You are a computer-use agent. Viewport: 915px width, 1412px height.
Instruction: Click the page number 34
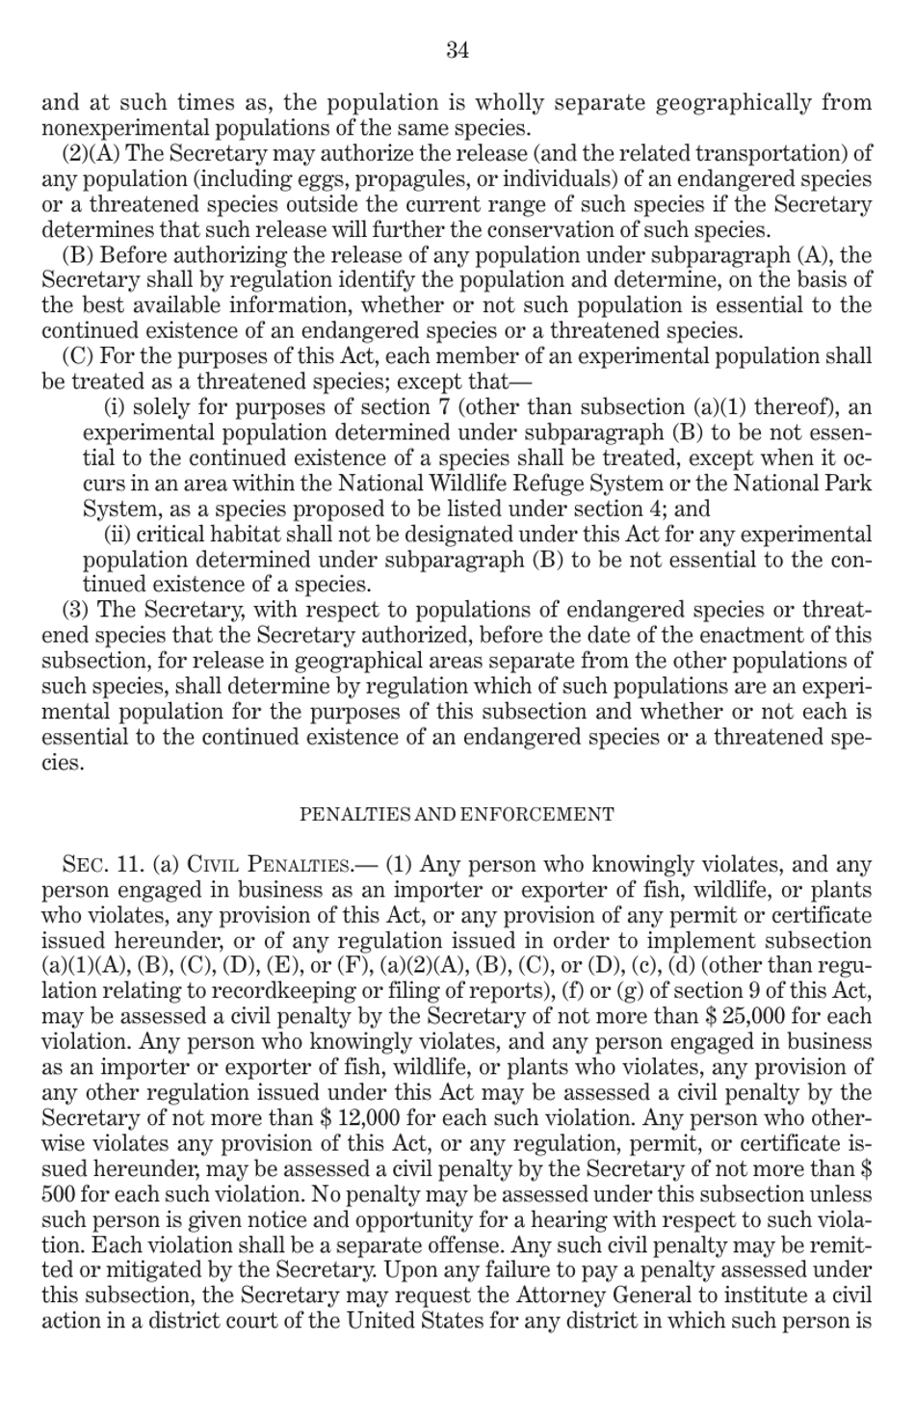pyautogui.click(x=457, y=51)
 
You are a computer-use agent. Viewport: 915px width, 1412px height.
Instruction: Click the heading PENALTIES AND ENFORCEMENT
pyautogui.click(x=457, y=814)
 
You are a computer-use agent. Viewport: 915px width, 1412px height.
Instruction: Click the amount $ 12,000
pyautogui.click(x=364, y=1118)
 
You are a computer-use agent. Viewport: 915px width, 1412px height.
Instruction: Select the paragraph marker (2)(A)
pyautogui.click(x=91, y=153)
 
